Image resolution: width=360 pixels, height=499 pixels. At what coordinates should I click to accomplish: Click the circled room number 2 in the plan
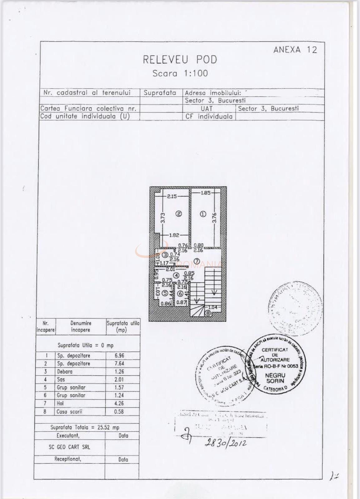179,214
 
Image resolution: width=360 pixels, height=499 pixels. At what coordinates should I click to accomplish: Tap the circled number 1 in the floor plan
203,214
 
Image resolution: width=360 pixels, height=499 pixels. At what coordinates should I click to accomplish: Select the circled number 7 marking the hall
197,261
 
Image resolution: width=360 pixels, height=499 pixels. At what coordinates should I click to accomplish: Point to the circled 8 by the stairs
208,313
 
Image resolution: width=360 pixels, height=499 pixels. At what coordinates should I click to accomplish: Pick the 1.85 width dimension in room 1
206,193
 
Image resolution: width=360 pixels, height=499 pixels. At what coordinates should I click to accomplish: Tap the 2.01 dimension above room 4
170,269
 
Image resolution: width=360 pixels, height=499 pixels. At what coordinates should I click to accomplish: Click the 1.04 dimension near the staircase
212,307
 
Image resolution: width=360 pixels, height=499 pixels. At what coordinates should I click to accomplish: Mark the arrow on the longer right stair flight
214,293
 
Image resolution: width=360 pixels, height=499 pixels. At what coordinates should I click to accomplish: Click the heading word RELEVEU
166,60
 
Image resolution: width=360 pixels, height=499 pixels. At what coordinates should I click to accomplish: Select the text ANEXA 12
295,50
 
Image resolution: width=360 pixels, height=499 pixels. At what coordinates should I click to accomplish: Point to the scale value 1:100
196,73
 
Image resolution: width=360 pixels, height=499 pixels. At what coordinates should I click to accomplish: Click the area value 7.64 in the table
119,363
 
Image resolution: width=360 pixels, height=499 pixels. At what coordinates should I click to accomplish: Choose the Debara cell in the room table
65,371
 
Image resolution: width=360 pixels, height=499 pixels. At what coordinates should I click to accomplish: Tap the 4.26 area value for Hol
119,403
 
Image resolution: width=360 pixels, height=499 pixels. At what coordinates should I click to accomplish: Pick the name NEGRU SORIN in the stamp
275,378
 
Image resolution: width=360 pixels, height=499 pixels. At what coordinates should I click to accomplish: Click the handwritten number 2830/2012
225,442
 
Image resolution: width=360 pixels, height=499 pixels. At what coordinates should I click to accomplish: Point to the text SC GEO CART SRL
69,447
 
